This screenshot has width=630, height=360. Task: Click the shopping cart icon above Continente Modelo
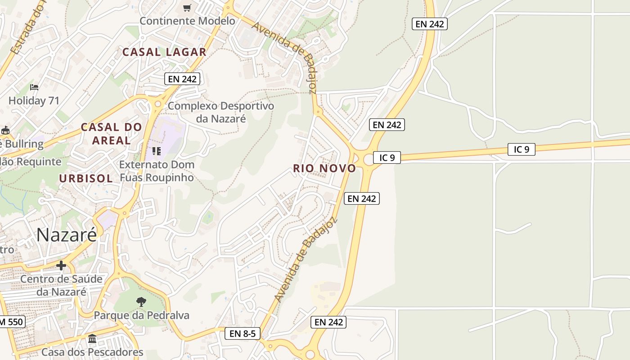(x=187, y=8)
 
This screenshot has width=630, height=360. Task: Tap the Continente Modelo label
(x=187, y=21)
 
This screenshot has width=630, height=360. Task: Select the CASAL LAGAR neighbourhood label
(x=164, y=52)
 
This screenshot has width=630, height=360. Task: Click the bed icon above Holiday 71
(x=34, y=87)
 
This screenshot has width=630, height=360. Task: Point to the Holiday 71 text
(x=34, y=100)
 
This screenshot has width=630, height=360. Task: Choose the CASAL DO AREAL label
(x=111, y=134)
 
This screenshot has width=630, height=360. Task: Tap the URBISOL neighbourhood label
(x=86, y=178)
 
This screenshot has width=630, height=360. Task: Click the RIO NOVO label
(x=324, y=168)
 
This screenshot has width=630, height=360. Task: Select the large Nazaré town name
(x=67, y=234)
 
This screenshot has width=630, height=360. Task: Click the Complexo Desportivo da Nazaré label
(x=220, y=112)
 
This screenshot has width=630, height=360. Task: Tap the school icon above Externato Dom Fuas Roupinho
(x=157, y=151)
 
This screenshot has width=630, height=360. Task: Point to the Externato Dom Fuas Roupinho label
(x=157, y=171)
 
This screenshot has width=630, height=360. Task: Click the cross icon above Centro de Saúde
(x=61, y=265)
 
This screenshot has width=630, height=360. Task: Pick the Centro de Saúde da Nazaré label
(x=61, y=285)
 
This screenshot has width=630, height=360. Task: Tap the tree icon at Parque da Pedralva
(x=141, y=301)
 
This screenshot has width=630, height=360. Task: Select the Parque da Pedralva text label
(x=141, y=315)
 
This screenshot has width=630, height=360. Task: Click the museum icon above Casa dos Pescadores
(x=92, y=338)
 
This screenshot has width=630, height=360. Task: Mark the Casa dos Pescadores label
(x=92, y=352)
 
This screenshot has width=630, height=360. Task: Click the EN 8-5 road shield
(x=242, y=333)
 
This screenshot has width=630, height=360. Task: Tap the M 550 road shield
(x=11, y=322)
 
